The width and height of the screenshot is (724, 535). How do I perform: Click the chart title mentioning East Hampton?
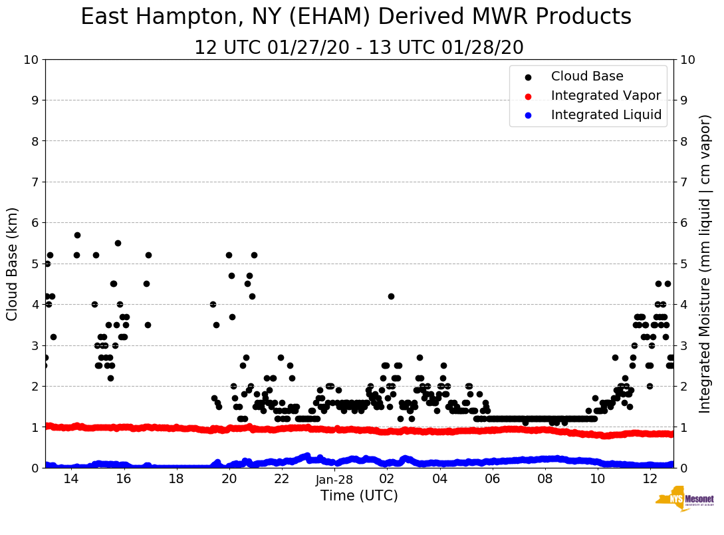pyautogui.click(x=356, y=17)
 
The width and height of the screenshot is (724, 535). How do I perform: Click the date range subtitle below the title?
pyautogui.click(x=358, y=48)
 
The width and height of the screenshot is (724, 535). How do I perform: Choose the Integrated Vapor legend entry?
pyautogui.click(x=606, y=96)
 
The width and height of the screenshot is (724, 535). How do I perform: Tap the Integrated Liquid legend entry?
pyautogui.click(x=606, y=115)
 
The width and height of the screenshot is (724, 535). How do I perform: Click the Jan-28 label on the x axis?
pyautogui.click(x=334, y=479)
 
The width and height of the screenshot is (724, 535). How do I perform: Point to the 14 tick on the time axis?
pyautogui.click(x=70, y=479)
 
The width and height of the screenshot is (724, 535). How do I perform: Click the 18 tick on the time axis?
pyautogui.click(x=176, y=479)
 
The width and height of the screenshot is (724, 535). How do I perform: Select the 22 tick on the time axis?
pyautogui.click(x=281, y=479)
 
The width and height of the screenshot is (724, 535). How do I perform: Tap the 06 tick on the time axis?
pyautogui.click(x=492, y=479)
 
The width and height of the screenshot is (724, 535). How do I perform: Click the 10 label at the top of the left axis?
pyautogui.click(x=31, y=60)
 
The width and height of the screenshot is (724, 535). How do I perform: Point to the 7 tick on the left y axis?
pyautogui.click(x=35, y=182)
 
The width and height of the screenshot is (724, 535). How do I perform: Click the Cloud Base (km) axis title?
pyautogui.click(x=13, y=264)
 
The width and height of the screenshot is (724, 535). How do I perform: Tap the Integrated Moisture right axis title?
pyautogui.click(x=705, y=264)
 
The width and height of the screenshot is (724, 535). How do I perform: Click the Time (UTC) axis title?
pyautogui.click(x=359, y=496)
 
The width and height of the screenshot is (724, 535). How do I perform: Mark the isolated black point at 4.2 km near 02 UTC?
pyautogui.click(x=391, y=296)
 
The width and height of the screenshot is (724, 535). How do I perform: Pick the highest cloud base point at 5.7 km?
pyautogui.click(x=77, y=235)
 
